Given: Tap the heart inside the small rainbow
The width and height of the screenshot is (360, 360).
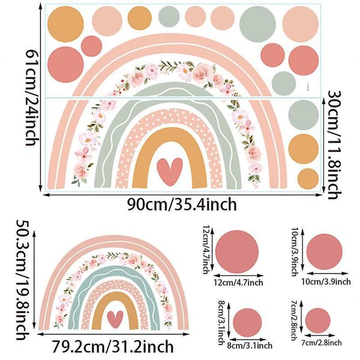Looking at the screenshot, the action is pyautogui.click(x=115, y=319).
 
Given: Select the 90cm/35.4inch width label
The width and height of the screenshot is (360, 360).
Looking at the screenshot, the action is pyautogui.click(x=182, y=205).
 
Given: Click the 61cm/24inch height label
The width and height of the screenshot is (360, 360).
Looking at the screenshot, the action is pyautogui.click(x=31, y=97).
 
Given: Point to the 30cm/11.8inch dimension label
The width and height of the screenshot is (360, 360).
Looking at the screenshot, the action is pyautogui.click(x=334, y=145).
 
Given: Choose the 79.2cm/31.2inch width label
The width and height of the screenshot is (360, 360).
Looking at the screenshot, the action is pyautogui.click(x=113, y=346).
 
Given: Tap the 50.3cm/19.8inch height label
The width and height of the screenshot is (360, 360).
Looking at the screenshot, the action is pyautogui.click(x=23, y=280).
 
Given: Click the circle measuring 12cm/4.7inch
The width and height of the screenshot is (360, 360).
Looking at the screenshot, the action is pyautogui.click(x=237, y=252).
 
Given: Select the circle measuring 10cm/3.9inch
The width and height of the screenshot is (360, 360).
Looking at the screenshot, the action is pyautogui.click(x=324, y=252).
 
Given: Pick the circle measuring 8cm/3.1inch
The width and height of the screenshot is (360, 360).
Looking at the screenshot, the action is pyautogui.click(x=247, y=323).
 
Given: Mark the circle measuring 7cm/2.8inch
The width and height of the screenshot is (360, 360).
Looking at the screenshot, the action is pyautogui.click(x=318, y=320).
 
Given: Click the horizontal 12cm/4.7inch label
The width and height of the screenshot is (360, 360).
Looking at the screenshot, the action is pyautogui.click(x=238, y=283).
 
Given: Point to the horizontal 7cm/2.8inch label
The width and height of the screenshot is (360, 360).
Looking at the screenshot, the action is pyautogui.click(x=322, y=343).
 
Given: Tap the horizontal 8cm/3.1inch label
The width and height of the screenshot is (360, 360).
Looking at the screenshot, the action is pyautogui.click(x=250, y=346).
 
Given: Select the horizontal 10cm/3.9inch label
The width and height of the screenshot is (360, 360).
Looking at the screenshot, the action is pyautogui.click(x=326, y=281).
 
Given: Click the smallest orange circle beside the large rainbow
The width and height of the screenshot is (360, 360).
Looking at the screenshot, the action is pyautogui.click(x=308, y=179).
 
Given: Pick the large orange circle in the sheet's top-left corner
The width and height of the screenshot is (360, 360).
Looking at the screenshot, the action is pyautogui.click(x=65, y=24).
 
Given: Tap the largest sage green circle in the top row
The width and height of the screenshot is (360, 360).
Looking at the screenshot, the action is pyautogui.click(x=257, y=24).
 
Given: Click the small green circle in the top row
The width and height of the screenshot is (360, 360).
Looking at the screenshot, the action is pyautogui.click(x=169, y=17).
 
